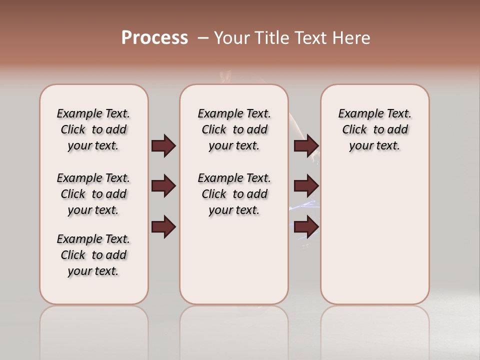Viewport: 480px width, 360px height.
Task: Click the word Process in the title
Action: [154, 38]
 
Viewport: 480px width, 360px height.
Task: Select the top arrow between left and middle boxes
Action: [163, 146]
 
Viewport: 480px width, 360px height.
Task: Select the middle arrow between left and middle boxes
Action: [163, 186]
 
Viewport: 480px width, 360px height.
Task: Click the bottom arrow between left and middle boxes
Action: [163, 227]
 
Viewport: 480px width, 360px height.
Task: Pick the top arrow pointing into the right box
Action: [306, 146]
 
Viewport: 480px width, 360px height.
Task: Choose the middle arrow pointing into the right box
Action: [306, 186]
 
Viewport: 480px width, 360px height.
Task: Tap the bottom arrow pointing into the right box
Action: [306, 227]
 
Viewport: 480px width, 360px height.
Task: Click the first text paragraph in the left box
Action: [93, 129]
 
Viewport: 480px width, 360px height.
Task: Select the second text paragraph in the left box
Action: [93, 194]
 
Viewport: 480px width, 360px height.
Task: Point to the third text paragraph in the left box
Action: [93, 255]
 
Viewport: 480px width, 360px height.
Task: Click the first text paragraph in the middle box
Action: [234, 129]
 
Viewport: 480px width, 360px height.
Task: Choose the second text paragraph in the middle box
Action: [234, 194]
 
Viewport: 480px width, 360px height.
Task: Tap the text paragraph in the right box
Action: [374, 129]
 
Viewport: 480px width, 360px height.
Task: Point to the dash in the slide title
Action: [202, 38]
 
